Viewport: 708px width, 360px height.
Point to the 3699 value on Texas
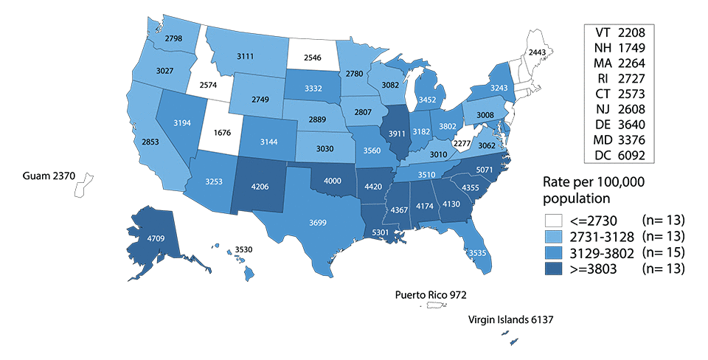tap(316, 222)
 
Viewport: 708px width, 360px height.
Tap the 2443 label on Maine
tap(537, 52)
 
